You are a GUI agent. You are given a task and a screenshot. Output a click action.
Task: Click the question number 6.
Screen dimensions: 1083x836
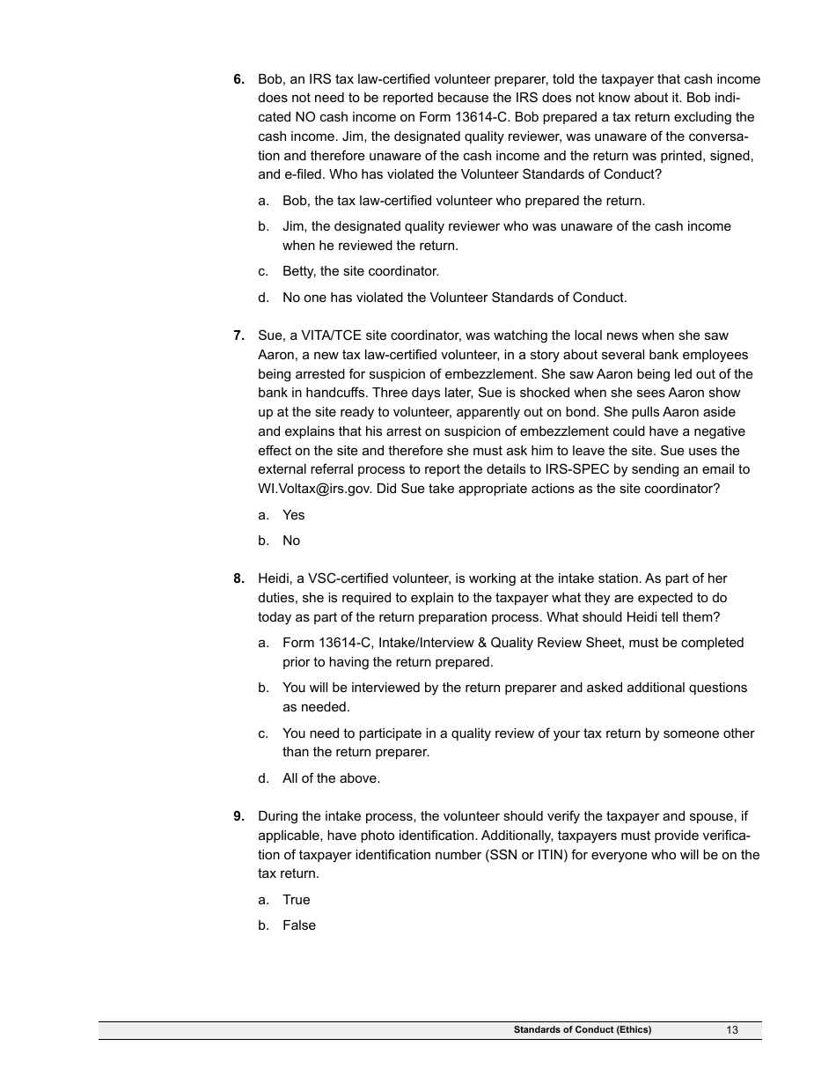point(238,79)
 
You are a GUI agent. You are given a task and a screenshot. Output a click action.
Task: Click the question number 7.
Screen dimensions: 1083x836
point(238,335)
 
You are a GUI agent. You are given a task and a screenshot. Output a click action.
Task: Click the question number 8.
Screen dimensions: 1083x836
point(238,578)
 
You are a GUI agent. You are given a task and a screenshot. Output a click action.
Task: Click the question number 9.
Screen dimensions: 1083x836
point(238,816)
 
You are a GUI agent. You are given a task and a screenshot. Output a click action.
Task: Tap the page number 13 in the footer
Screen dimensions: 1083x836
point(732,1030)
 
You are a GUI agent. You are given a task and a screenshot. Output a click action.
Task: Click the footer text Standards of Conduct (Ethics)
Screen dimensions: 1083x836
point(583,1030)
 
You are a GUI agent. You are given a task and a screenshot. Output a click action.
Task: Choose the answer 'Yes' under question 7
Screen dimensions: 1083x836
point(293,515)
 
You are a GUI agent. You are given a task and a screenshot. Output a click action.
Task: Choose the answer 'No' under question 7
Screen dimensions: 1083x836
point(291,541)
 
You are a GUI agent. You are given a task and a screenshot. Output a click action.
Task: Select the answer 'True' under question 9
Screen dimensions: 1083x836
point(296,900)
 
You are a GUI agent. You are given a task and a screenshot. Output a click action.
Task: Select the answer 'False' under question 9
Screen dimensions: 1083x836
point(298,925)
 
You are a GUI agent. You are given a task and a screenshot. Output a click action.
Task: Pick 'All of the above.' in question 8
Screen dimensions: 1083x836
point(331,778)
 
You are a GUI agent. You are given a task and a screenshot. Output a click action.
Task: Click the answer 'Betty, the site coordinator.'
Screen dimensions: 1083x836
point(360,271)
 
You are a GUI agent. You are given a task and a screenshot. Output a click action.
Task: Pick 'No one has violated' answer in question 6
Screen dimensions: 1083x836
point(454,298)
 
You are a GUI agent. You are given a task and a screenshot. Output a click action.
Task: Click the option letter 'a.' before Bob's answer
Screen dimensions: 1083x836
point(264,201)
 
